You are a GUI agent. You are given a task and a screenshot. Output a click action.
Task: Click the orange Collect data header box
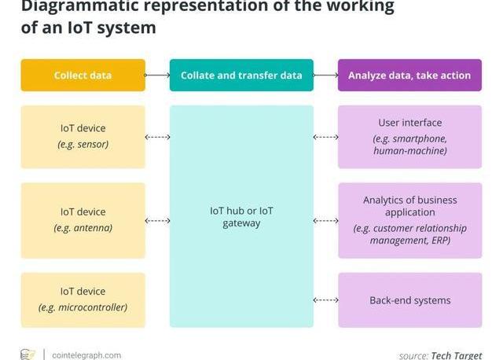(83, 75)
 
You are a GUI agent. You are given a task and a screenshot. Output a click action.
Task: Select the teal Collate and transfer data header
(241, 75)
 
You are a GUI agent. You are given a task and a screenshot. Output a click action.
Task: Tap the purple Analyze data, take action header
(409, 75)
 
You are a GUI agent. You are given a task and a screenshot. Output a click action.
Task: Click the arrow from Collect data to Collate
(157, 75)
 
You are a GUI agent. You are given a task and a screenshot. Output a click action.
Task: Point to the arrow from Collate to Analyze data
(325, 75)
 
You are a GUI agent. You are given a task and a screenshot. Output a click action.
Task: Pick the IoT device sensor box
(83, 137)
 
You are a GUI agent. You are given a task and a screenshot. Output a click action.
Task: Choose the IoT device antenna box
(83, 220)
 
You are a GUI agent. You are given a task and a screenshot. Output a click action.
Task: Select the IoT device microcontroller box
(83, 300)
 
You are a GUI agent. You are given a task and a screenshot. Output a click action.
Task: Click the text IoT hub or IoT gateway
(241, 217)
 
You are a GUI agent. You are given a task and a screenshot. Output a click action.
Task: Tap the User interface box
(409, 137)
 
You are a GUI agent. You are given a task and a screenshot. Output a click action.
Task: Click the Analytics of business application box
(409, 220)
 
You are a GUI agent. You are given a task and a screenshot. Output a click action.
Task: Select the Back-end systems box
(409, 300)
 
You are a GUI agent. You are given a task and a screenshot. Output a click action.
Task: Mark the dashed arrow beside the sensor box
(157, 138)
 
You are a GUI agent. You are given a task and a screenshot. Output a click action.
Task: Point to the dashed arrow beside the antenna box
(157, 221)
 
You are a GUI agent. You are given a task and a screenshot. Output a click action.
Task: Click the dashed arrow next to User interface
(325, 138)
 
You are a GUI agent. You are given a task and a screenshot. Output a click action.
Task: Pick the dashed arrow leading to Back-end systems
(325, 300)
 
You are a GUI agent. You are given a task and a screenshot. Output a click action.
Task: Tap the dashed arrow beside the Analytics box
(325, 221)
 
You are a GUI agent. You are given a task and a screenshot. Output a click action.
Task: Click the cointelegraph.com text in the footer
(86, 355)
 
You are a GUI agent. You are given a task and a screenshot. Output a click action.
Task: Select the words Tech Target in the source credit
(456, 355)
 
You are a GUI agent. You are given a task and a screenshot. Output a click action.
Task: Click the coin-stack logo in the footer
(28, 354)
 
